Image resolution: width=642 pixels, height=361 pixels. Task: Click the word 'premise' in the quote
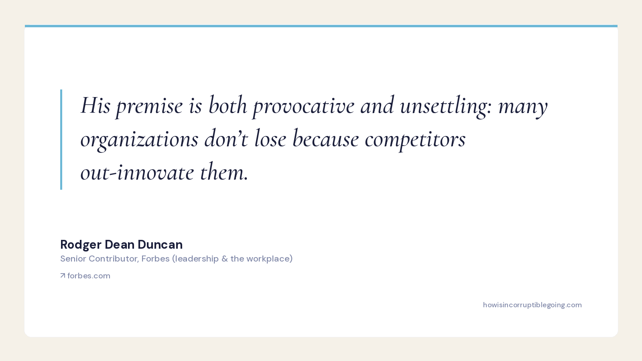[x=149, y=106]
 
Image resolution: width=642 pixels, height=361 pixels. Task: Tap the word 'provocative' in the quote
[x=303, y=105]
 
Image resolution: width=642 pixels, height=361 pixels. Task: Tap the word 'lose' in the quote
[x=270, y=139]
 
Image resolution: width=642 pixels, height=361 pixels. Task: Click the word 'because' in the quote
[x=325, y=139]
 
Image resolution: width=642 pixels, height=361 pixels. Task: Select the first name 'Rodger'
[x=81, y=245]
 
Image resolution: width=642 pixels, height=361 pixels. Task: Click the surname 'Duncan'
[x=160, y=244]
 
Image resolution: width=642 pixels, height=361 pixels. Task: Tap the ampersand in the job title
[x=224, y=259]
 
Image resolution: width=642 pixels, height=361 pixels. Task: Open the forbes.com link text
[x=89, y=276]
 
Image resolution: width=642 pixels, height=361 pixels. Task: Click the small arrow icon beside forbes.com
[x=63, y=276]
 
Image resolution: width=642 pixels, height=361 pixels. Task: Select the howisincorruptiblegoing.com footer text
[x=532, y=305]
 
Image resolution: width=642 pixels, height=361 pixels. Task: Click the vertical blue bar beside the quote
[x=61, y=140]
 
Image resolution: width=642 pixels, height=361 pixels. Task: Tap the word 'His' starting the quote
[x=95, y=105]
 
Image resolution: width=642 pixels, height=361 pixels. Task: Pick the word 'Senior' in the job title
[x=73, y=258]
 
